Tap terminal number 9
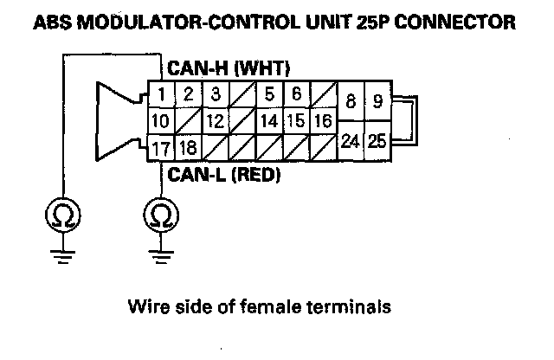click(x=378, y=102)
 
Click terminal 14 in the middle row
click(x=269, y=121)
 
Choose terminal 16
click(x=323, y=121)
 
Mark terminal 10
click(x=161, y=121)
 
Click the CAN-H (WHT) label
click(x=229, y=68)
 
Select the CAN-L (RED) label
click(x=224, y=175)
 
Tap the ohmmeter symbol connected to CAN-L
click(x=159, y=213)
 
